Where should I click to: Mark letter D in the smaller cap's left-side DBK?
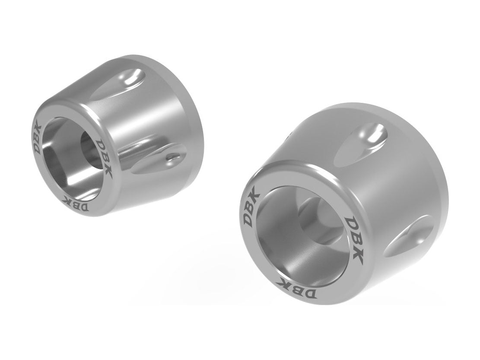pyautogui.click(x=39, y=148)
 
